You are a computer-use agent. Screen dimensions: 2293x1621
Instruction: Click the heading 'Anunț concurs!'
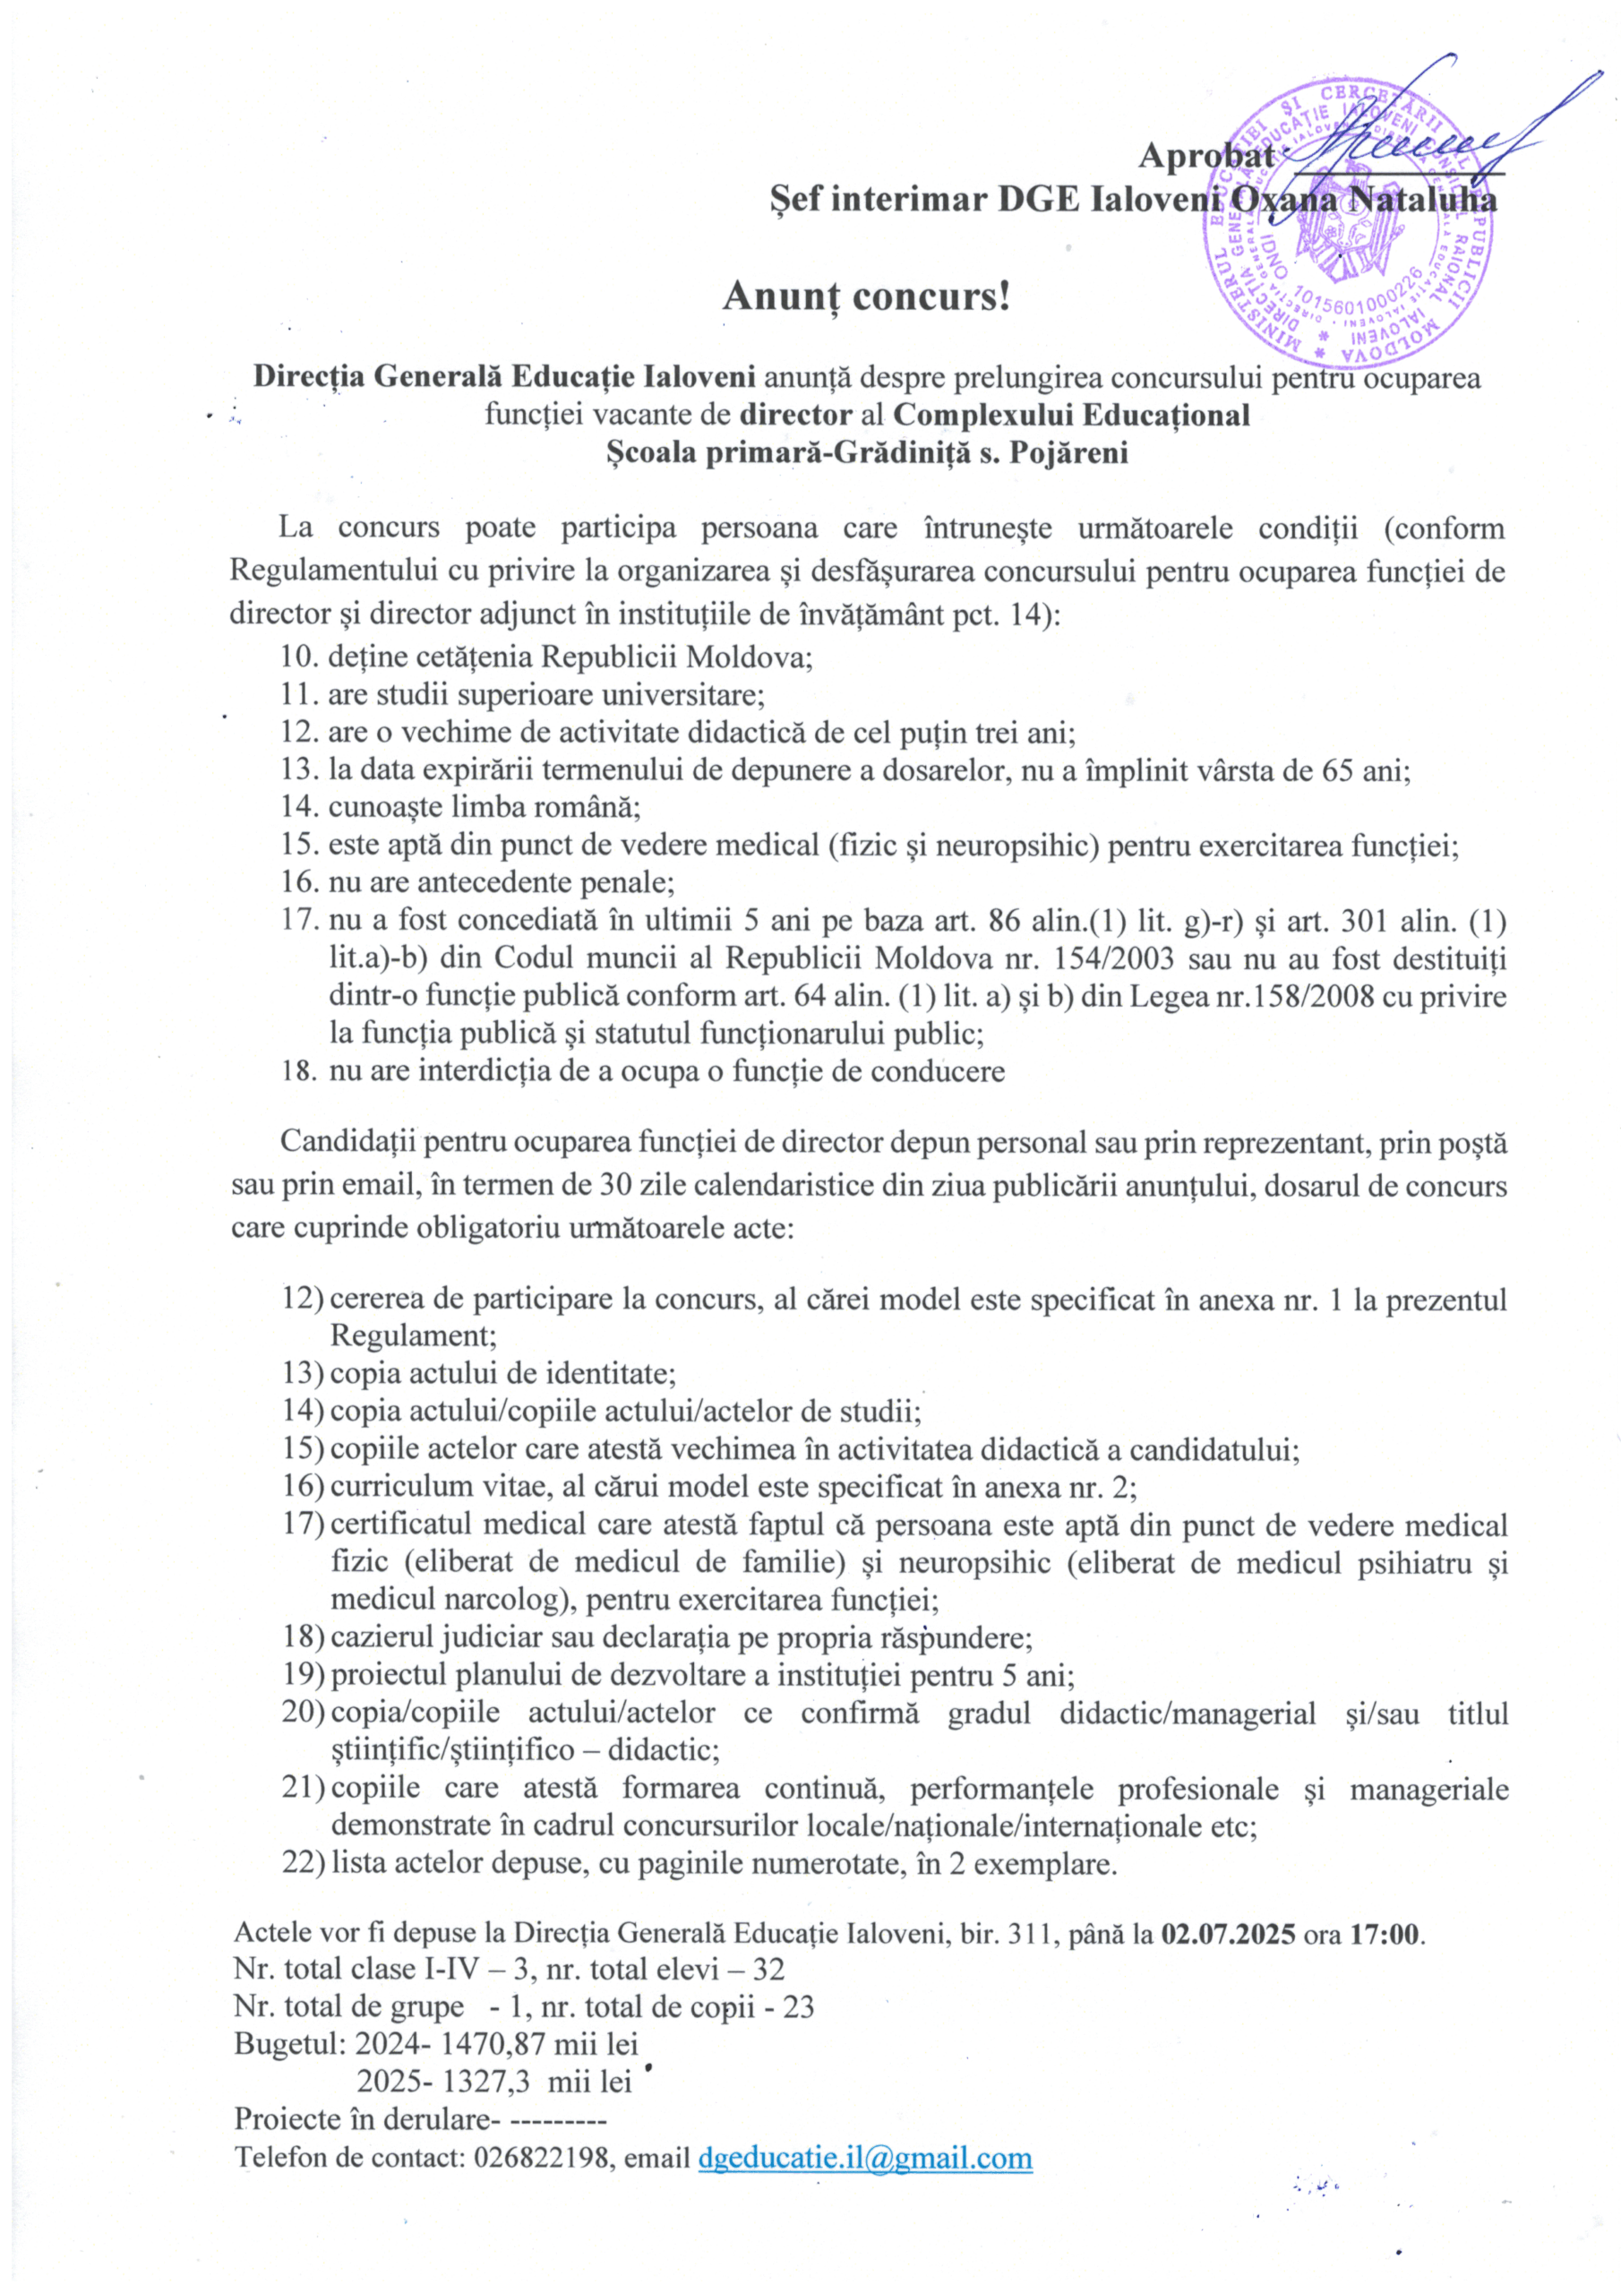coord(866,296)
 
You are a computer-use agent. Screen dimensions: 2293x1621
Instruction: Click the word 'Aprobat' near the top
coord(1205,156)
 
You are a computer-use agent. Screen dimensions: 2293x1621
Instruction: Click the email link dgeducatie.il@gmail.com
coord(865,2157)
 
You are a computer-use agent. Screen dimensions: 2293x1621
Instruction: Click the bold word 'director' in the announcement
coord(796,415)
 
